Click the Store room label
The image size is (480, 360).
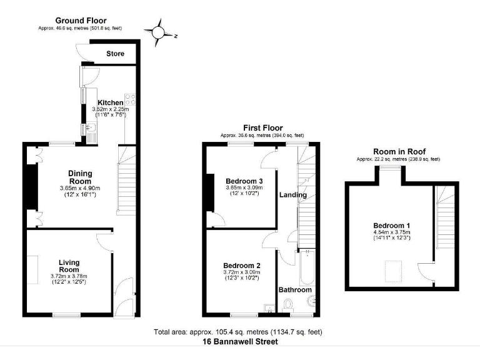(x=115, y=54)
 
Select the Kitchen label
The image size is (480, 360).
(x=110, y=102)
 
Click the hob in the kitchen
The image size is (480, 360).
(x=130, y=99)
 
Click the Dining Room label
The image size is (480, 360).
(x=80, y=177)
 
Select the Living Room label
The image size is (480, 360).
(x=69, y=266)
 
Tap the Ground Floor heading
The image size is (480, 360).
(x=81, y=21)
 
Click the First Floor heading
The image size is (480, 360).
(x=263, y=127)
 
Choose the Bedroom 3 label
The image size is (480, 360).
(x=244, y=181)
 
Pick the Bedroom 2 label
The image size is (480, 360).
(x=242, y=266)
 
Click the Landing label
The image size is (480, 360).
(x=293, y=195)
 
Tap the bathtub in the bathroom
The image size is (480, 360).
(x=307, y=267)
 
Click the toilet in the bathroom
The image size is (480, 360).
(x=287, y=305)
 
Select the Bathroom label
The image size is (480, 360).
(x=295, y=289)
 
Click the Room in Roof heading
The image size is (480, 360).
(x=399, y=151)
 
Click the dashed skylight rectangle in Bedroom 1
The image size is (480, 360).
(x=393, y=271)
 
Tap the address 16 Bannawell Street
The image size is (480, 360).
(x=240, y=342)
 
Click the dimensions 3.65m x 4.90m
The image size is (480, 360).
(x=80, y=188)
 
